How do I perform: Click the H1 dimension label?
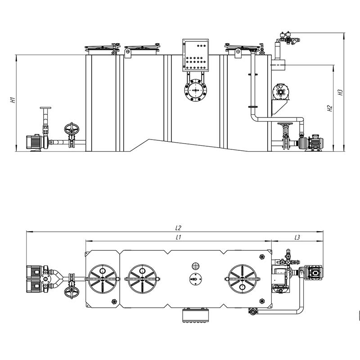point(13,100)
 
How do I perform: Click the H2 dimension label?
point(330,108)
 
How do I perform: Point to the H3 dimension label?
point(340,92)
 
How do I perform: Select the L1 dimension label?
point(178,238)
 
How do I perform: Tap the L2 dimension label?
point(178,228)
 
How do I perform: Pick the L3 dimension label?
point(297,238)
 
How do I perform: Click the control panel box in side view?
point(196,55)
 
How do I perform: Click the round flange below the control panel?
point(196,90)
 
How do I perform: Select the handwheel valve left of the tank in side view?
point(72,135)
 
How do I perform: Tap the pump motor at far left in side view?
point(33,142)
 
